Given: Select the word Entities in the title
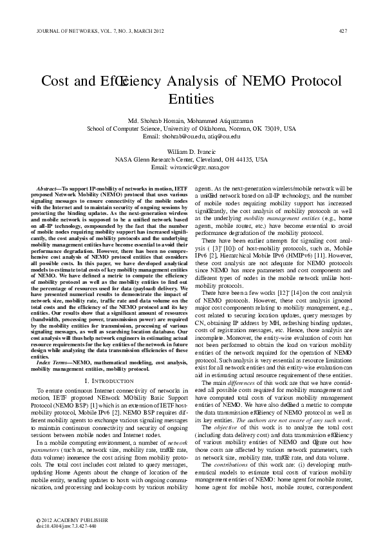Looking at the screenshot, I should tap(191, 100).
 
